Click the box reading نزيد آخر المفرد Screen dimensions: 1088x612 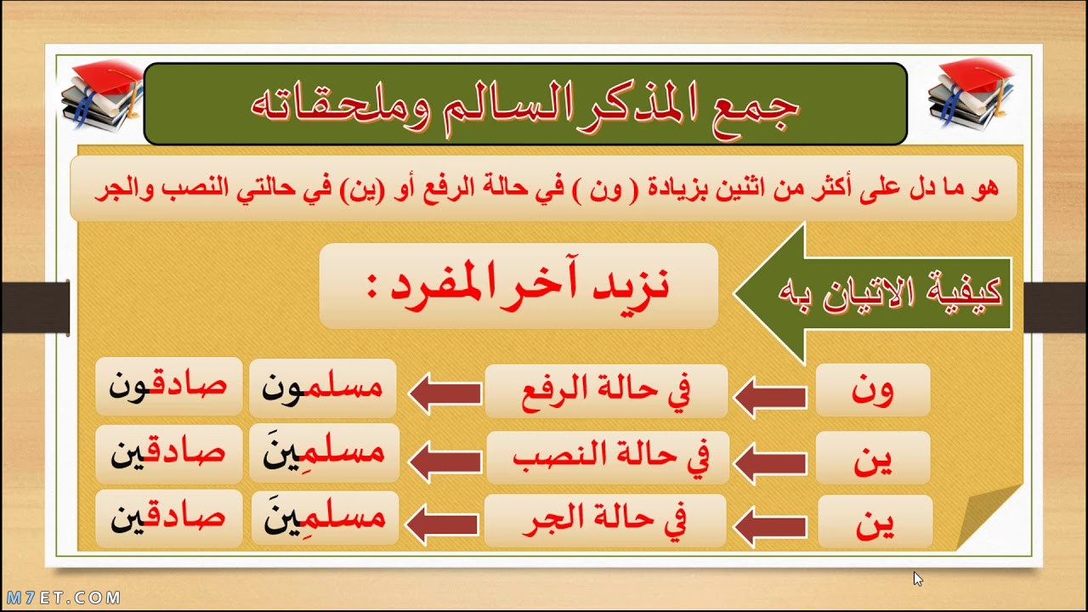[x=518, y=286]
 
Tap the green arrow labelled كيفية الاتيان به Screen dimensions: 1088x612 [x=873, y=293]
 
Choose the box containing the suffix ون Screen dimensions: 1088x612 [x=873, y=390]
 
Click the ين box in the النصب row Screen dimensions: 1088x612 [x=873, y=457]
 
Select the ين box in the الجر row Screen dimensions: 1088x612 [x=875, y=522]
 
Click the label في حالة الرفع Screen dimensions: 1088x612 [x=606, y=391]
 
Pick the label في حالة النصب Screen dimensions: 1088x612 [x=608, y=457]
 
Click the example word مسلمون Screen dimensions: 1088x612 [x=322, y=388]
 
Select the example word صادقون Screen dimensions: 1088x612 [x=168, y=387]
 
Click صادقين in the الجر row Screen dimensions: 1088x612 [x=168, y=518]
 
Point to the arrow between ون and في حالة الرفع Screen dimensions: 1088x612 [x=771, y=397]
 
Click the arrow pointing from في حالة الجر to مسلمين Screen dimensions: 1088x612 [x=441, y=524]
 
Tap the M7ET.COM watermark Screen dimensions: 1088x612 [x=64, y=598]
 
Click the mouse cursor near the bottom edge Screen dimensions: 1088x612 [x=917, y=579]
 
